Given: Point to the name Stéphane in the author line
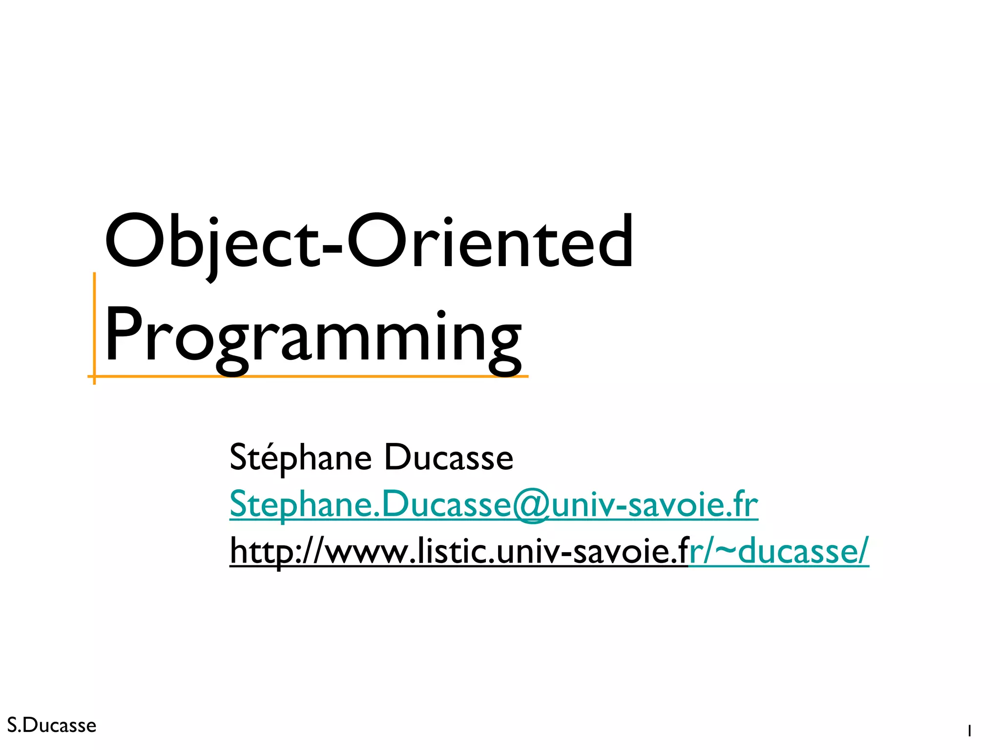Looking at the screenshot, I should pos(300,458).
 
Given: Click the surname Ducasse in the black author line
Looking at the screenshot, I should pos(449,458).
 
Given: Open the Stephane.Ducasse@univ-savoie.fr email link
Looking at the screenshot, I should pos(493,505).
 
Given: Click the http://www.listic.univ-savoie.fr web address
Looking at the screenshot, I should pos(459,552).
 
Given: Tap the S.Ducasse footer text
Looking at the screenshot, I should pos(52,726).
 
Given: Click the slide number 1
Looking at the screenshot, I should pos(969,731).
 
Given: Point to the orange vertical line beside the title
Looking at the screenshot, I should pos(94,322).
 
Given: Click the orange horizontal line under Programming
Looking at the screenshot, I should pos(312,376).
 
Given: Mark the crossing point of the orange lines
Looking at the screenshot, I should pos(94,376).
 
